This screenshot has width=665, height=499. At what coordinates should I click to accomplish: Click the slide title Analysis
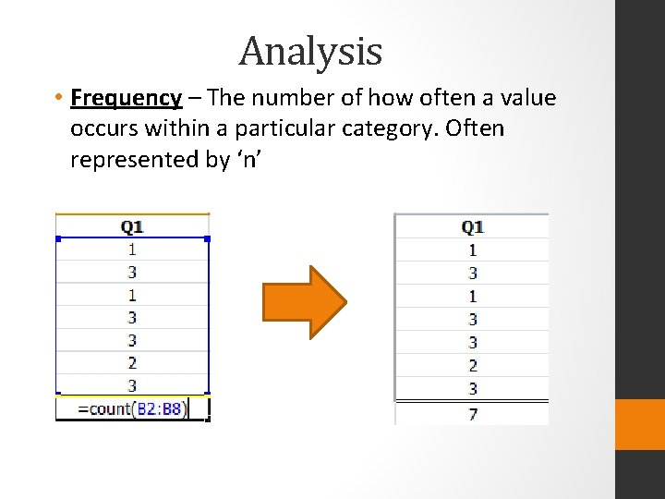tap(310, 52)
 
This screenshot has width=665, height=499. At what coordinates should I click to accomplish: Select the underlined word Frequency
tap(127, 98)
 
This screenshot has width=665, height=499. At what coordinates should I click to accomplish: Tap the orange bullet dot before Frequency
tap(58, 98)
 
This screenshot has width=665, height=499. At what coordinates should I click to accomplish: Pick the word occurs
tap(105, 128)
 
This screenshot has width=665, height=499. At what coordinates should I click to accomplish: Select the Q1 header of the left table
tap(132, 225)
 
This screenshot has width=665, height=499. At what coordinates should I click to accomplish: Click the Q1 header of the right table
tap(472, 227)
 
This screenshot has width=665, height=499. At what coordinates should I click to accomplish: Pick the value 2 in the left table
tap(132, 363)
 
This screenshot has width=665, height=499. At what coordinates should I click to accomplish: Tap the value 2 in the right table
tap(472, 366)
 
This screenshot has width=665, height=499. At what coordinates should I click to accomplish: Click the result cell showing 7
tap(472, 414)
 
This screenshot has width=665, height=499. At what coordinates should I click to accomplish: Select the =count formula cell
tap(133, 408)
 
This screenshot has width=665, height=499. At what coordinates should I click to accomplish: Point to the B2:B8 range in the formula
tap(161, 408)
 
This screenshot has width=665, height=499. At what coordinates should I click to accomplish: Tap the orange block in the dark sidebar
tap(640, 424)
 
